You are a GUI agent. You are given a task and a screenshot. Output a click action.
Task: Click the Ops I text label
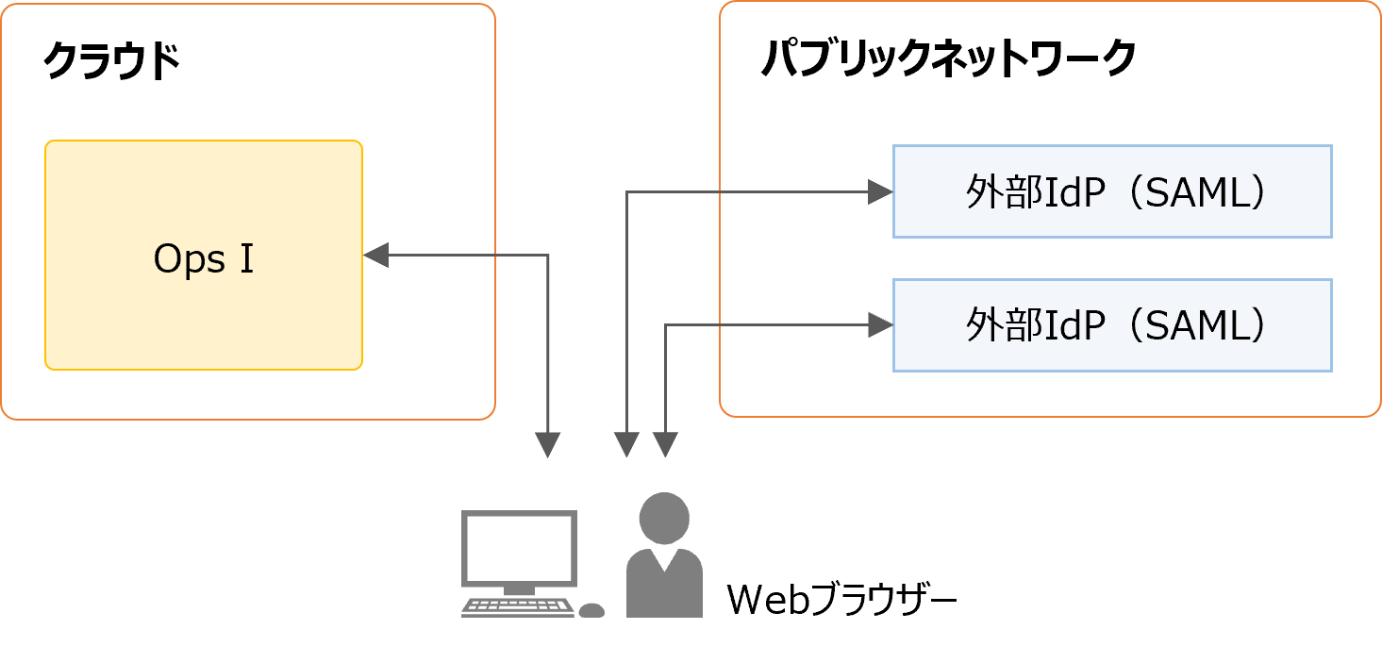pyautogui.click(x=204, y=259)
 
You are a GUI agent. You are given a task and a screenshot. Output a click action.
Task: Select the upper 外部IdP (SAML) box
pyautogui.click(x=1111, y=191)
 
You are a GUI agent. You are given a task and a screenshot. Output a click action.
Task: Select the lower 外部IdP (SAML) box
pyautogui.click(x=1111, y=325)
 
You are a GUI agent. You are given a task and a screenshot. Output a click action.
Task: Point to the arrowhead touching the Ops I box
pyautogui.click(x=375, y=255)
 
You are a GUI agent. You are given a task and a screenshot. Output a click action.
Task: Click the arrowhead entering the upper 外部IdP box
pyautogui.click(x=880, y=192)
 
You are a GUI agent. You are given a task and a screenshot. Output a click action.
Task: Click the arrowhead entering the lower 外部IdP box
pyautogui.click(x=880, y=325)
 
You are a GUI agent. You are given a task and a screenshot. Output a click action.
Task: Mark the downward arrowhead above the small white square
pyautogui.click(x=548, y=444)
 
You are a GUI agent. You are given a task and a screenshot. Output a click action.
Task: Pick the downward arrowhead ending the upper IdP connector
pyautogui.click(x=627, y=444)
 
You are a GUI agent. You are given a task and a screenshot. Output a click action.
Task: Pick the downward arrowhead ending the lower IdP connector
pyautogui.click(x=665, y=444)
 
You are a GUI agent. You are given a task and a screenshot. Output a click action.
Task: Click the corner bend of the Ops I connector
pyautogui.click(x=548, y=256)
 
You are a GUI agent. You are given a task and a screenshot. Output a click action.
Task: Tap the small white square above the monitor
pyautogui.click(x=547, y=483)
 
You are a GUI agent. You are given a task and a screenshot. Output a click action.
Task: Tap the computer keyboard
pyautogui.click(x=518, y=607)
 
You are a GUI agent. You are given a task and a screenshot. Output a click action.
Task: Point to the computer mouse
pyautogui.click(x=591, y=610)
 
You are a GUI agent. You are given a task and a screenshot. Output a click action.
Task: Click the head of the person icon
pyautogui.click(x=664, y=519)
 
